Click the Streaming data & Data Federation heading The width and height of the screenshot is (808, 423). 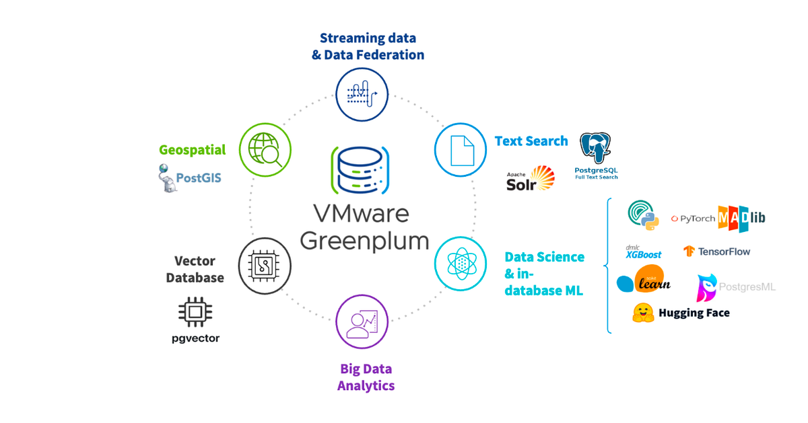click(x=368, y=46)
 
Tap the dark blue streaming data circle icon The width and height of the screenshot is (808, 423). click(x=362, y=95)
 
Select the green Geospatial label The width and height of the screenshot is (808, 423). click(x=193, y=149)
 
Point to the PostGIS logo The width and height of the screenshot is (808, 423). click(x=189, y=178)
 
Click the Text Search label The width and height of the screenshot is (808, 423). click(x=531, y=141)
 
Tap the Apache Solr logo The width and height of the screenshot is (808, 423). click(x=531, y=179)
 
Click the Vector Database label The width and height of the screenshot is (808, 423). click(x=195, y=269)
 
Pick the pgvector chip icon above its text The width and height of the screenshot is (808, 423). click(x=195, y=311)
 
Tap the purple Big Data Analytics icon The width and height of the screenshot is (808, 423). click(x=362, y=320)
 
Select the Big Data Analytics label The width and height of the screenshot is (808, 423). click(x=366, y=377)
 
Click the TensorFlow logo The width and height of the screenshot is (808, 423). click(x=716, y=252)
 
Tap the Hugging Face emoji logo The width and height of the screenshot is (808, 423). click(x=644, y=313)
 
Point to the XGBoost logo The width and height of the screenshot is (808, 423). click(x=643, y=252)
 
